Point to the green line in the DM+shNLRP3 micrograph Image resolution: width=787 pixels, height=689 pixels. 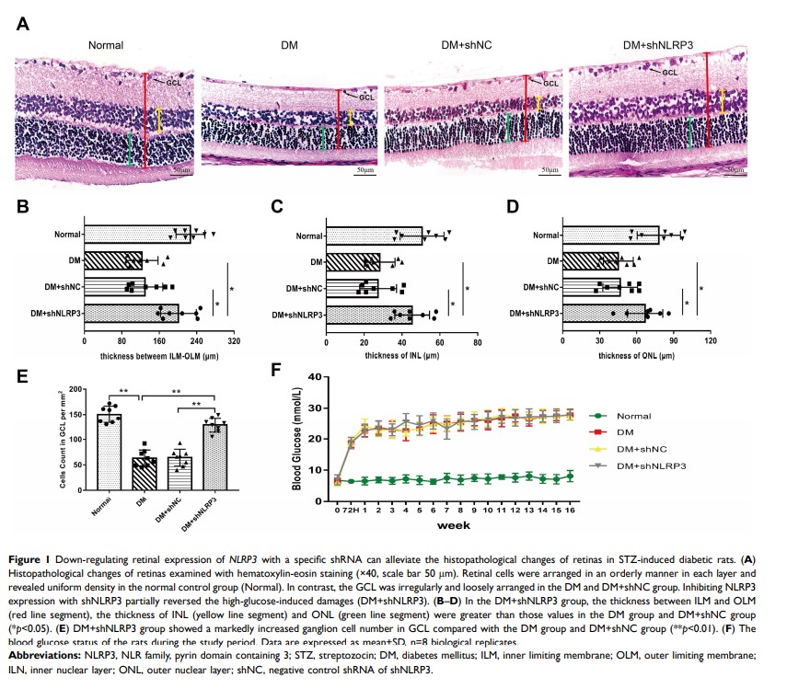[691, 132]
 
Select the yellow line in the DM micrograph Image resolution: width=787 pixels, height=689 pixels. [350, 117]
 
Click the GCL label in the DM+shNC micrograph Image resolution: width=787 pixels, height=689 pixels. [550, 84]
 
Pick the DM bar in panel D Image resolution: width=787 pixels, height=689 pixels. [588, 262]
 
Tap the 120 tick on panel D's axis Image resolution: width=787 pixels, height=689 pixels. [711, 340]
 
